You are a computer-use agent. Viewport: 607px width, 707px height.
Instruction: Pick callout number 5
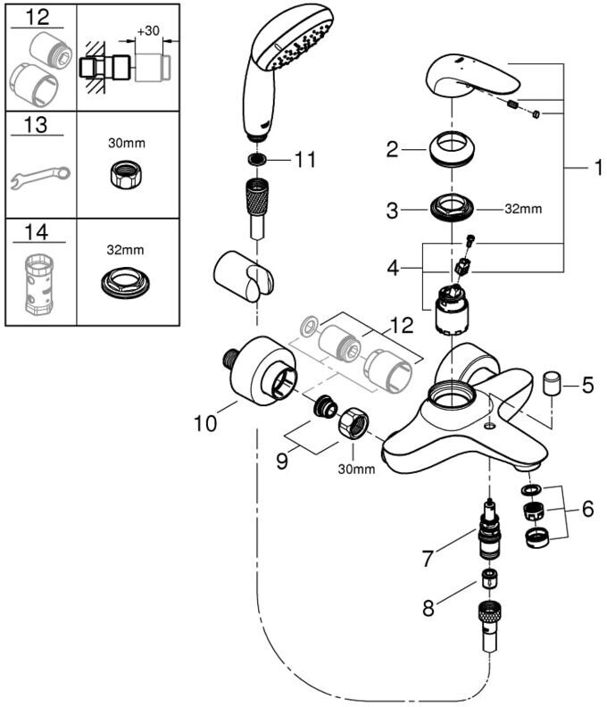coord(586,387)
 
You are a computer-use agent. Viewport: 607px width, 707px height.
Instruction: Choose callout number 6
coord(586,509)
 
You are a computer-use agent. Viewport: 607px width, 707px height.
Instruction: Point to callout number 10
coord(205,422)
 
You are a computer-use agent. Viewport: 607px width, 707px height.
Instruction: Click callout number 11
coord(305,162)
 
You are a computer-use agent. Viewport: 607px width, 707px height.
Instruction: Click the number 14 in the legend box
coord(37,233)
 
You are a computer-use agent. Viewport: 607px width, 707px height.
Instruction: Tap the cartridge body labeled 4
coord(452,312)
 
